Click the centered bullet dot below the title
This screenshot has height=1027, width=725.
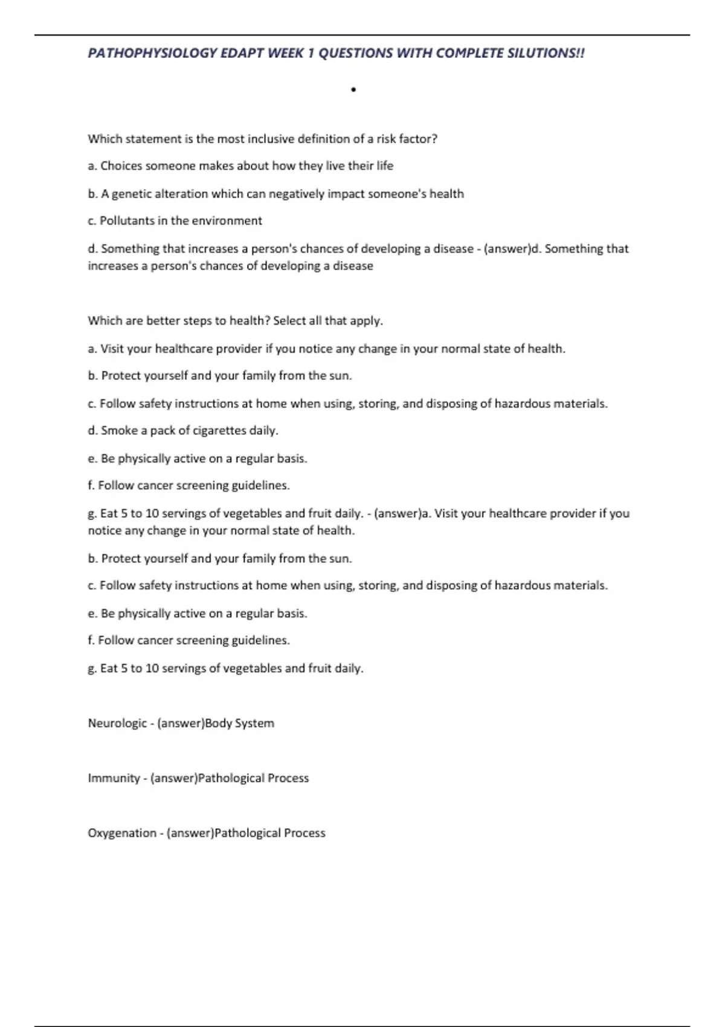(353, 90)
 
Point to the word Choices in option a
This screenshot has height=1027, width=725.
(120, 166)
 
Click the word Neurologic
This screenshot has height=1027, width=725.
(117, 723)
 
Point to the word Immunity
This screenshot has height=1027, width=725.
(114, 778)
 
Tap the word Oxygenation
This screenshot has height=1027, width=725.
(121, 833)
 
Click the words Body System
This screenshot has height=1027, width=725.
(239, 723)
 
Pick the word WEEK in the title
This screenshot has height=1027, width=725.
(286, 53)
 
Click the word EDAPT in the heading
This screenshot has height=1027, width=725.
(242, 53)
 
